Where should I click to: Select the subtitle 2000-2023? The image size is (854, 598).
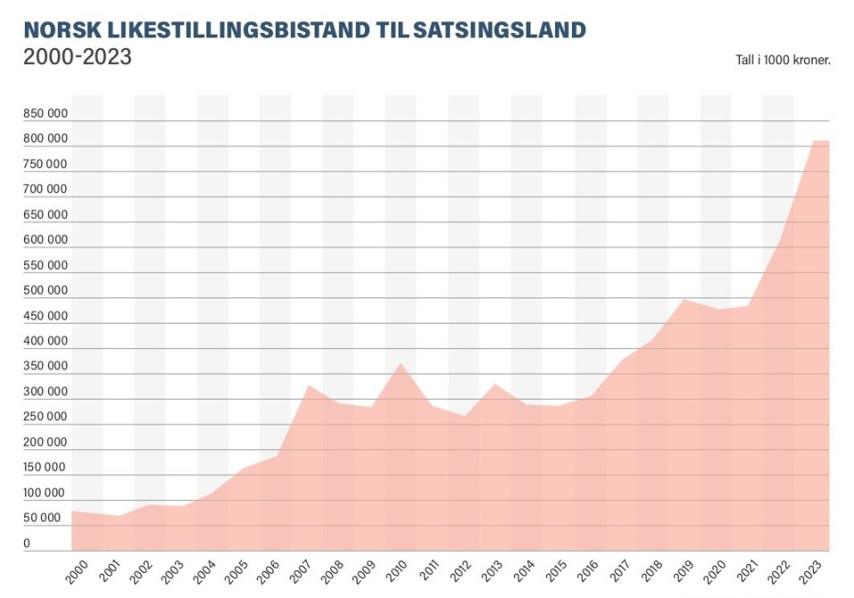coord(77,58)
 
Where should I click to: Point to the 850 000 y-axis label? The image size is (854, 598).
coord(45,114)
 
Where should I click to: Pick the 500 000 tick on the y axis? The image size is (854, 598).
coord(45,290)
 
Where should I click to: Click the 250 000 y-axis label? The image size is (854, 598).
coord(45,416)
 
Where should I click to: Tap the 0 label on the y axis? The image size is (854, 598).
coord(27,543)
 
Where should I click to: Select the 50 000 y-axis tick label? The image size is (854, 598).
coord(43,518)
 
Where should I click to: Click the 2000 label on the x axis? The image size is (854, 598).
coord(77,570)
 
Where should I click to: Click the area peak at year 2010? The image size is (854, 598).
coord(401,364)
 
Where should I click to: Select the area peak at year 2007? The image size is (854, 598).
coord(307,385)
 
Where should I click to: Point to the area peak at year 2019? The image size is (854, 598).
coord(684,299)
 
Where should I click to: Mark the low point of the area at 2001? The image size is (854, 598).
coord(118,516)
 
